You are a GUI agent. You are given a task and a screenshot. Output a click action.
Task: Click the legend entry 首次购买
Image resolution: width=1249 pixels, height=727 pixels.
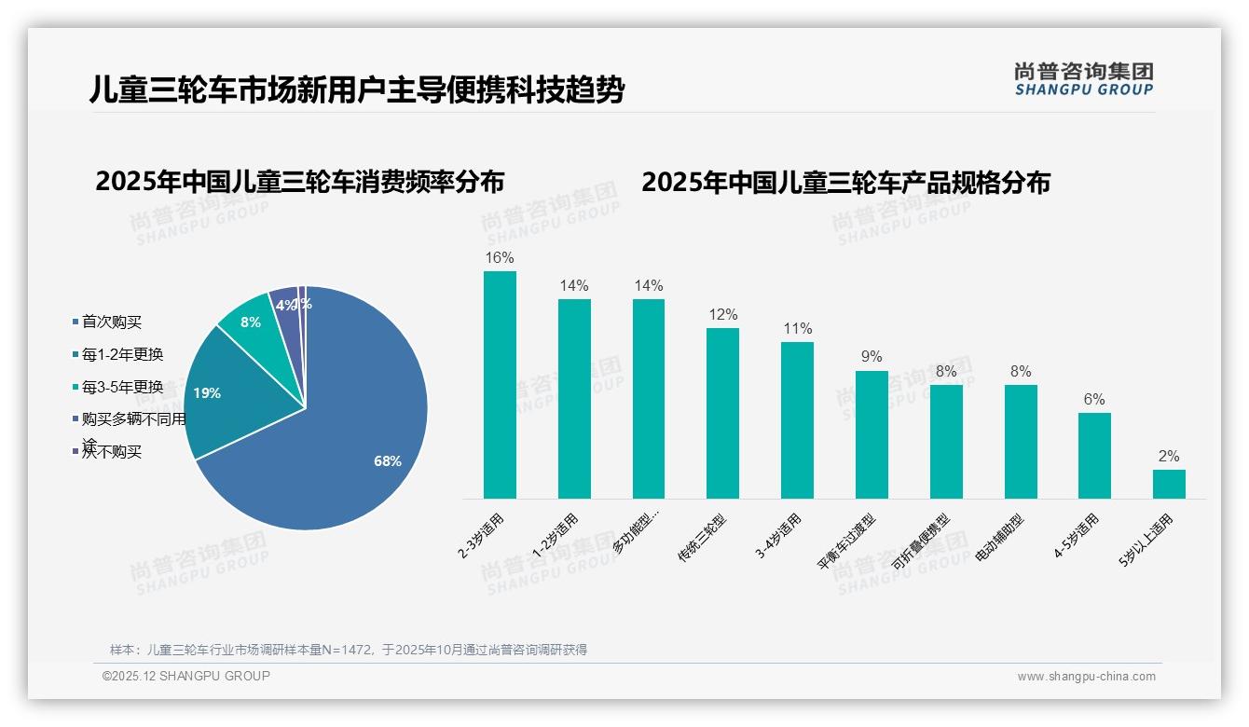[x=111, y=322]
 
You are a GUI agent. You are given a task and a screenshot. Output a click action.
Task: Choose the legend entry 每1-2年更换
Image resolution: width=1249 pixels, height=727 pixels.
[x=122, y=354]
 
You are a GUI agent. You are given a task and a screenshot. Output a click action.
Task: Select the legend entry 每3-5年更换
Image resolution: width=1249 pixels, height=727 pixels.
[x=122, y=387]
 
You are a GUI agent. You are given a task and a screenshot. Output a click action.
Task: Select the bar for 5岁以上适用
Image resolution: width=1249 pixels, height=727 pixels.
[x=1169, y=484]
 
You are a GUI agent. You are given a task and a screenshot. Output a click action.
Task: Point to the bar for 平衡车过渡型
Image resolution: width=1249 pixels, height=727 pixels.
[x=872, y=434]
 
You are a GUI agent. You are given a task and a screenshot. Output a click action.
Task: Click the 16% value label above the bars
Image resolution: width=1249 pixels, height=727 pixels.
[x=500, y=257]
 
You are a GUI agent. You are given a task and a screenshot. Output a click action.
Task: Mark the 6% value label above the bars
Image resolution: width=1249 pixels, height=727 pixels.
[x=1094, y=399]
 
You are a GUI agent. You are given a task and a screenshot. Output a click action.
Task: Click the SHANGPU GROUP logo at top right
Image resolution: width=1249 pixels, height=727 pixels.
[x=1083, y=79]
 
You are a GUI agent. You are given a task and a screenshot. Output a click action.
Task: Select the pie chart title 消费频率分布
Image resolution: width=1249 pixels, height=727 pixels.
[x=299, y=181]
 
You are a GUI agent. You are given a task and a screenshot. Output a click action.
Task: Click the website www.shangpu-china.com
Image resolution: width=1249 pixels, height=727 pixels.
[x=1086, y=677]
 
